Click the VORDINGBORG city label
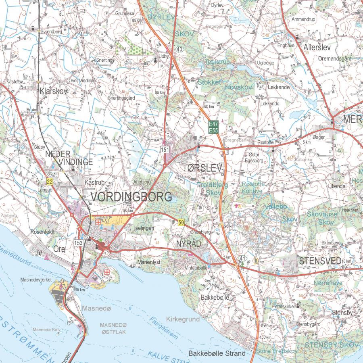[131, 197]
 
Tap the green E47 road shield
[213, 125]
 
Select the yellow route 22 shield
[50, 181]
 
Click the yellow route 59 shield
[181, 222]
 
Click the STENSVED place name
[320, 261]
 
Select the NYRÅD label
[188, 244]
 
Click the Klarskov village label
[53, 91]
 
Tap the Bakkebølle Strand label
[217, 353]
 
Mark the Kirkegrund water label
[183, 319]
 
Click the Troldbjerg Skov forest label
[213, 188]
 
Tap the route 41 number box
[241, 258]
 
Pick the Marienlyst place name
[149, 262]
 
